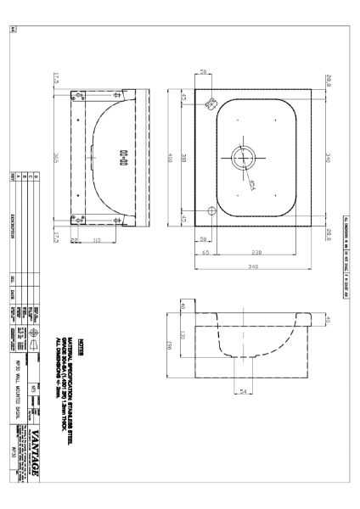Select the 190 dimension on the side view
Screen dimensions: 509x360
tap(170, 347)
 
